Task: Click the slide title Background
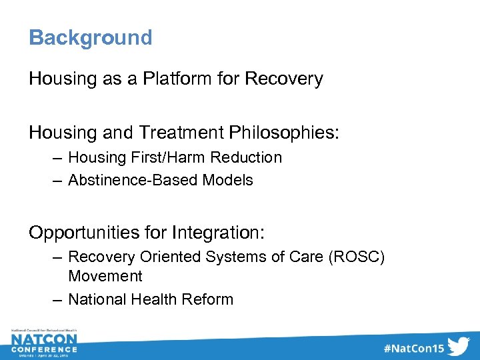click(90, 37)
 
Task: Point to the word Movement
click(105, 276)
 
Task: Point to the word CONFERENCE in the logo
click(44, 349)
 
